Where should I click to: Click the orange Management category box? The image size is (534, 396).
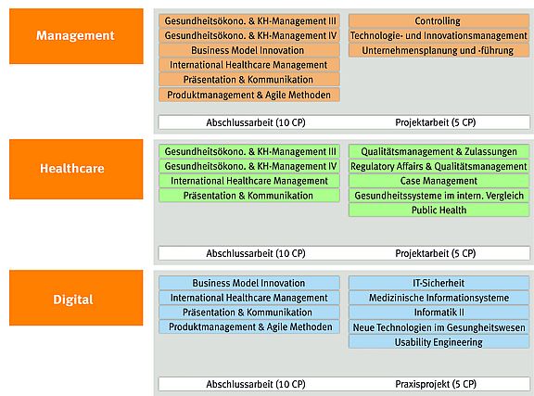pyautogui.click(x=76, y=36)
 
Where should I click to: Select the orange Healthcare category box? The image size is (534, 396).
pyautogui.click(x=76, y=169)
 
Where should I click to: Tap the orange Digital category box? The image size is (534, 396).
pyautogui.click(x=76, y=298)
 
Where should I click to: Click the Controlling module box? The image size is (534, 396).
pyautogui.click(x=439, y=21)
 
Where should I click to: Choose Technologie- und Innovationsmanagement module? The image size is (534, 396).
pyautogui.click(x=439, y=36)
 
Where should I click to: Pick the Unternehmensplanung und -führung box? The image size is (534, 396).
pyautogui.click(x=439, y=50)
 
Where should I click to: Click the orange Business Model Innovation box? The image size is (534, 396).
pyautogui.click(x=249, y=50)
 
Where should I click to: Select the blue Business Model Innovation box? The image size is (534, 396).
pyautogui.click(x=249, y=283)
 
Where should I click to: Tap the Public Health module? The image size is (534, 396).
pyautogui.click(x=439, y=210)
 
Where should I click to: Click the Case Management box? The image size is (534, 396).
pyautogui.click(x=439, y=181)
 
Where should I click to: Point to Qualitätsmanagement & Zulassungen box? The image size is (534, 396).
pyautogui.click(x=439, y=152)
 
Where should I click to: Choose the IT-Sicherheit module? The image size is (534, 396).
pyautogui.click(x=439, y=283)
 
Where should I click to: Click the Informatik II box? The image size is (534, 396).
pyautogui.click(x=439, y=313)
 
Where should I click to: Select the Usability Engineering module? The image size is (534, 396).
pyautogui.click(x=439, y=342)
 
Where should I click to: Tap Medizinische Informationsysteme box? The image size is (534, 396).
pyautogui.click(x=439, y=298)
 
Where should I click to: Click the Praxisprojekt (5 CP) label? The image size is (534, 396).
pyautogui.click(x=436, y=384)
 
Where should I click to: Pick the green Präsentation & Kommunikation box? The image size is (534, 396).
pyautogui.click(x=249, y=196)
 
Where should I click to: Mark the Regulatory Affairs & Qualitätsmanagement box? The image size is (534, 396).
pyautogui.click(x=439, y=166)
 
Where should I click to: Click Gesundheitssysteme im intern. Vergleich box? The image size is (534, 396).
pyautogui.click(x=439, y=196)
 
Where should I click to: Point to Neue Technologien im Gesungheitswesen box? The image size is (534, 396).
pyautogui.click(x=439, y=327)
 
